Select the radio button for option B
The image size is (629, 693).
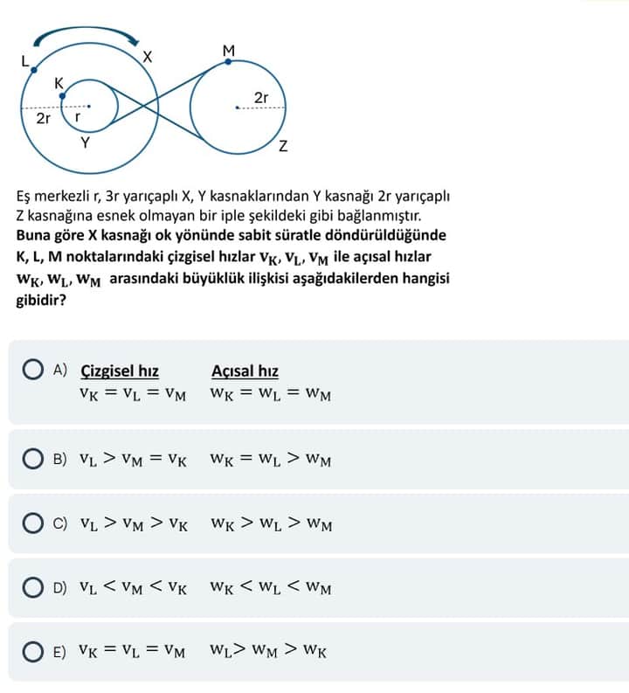36,459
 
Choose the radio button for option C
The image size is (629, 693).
36,524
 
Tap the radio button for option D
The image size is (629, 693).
36,588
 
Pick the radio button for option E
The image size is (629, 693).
36,652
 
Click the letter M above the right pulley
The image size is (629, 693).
229,51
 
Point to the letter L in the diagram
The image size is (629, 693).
24,60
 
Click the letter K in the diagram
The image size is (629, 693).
59,83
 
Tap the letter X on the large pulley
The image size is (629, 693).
148,57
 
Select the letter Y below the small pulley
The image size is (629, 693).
85,142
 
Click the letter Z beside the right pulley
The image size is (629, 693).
283,146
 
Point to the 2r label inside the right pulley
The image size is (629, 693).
260,98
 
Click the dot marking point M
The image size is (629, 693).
228,62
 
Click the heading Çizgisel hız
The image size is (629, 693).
120,371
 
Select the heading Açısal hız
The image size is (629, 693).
245,371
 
